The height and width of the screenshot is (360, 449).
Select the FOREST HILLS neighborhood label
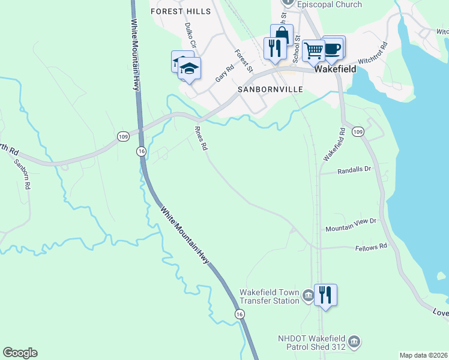(181, 11)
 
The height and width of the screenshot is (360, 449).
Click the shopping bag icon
(282, 35)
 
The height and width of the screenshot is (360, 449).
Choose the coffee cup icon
(333, 47)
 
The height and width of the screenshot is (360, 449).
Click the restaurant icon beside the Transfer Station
(325, 295)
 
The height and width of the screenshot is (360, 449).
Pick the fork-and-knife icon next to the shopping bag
(275, 49)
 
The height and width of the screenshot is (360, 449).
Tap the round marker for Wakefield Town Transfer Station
(308, 295)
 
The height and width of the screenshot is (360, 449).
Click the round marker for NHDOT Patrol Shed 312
(354, 342)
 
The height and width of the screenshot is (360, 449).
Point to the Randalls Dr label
(355, 170)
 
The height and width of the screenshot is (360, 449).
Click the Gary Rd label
(224, 74)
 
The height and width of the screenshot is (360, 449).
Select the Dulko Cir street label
(190, 34)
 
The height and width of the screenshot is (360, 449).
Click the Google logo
(20, 353)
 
